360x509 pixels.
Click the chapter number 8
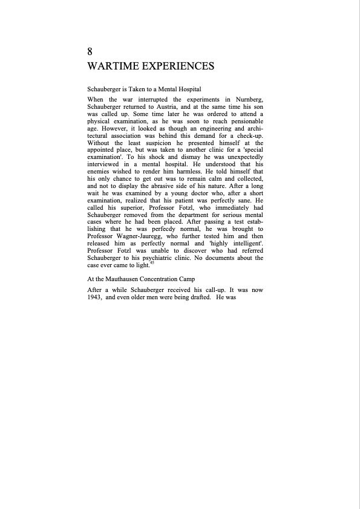coord(90,52)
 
